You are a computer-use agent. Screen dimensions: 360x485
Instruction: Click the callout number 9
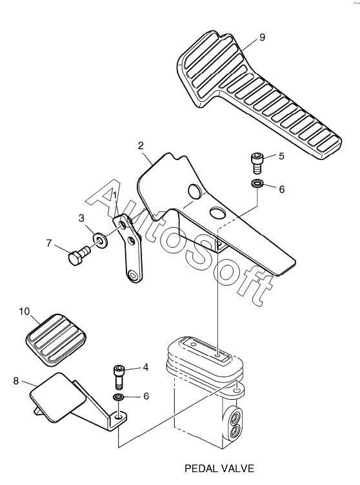[x=262, y=37]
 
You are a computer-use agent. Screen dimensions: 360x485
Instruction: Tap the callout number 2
[x=141, y=145]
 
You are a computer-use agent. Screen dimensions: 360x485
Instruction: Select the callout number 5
[x=281, y=156]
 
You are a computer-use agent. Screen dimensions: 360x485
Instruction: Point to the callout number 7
[x=49, y=243]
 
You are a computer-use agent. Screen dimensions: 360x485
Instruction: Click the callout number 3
[x=81, y=218]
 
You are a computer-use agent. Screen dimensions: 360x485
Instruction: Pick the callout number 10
[x=25, y=311]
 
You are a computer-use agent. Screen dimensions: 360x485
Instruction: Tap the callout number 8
[x=16, y=381]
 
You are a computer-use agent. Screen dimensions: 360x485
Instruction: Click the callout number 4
[x=146, y=367]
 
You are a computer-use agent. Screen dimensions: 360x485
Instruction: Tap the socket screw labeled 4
[x=119, y=377]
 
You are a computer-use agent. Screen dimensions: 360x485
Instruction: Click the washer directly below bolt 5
[x=257, y=183]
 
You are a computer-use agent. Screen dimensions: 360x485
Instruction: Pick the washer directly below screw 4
[x=119, y=397]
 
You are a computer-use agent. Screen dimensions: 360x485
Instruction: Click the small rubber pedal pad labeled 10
[x=56, y=340]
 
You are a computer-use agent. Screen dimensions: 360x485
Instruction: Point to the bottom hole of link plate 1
[x=134, y=274]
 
